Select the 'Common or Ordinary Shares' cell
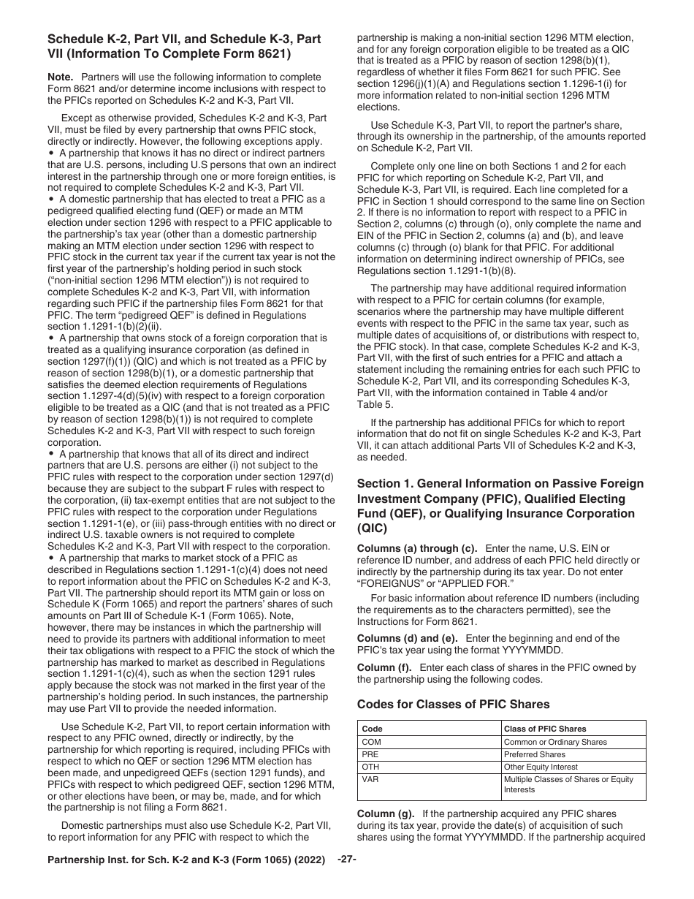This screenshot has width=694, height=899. (x=555, y=742)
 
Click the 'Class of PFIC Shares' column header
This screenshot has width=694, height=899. (x=544, y=729)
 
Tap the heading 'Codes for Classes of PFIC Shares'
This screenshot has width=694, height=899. (x=453, y=705)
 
